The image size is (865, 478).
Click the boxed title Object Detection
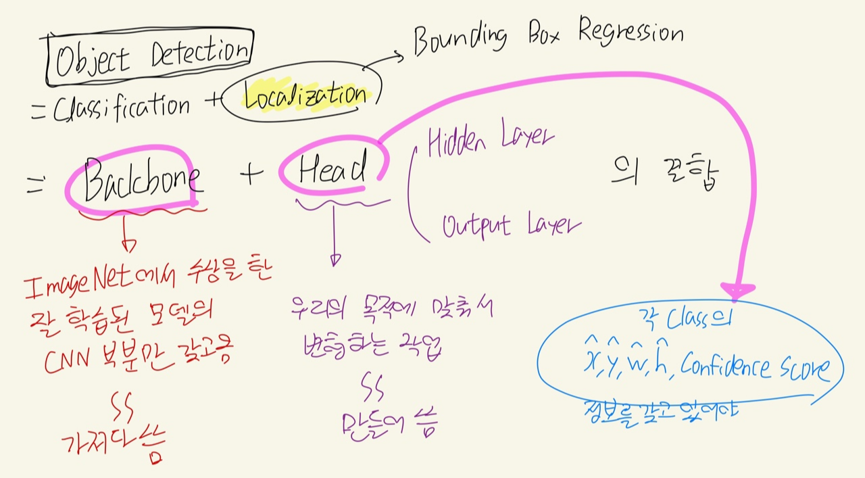[150, 58]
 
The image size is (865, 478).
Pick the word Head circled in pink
[333, 170]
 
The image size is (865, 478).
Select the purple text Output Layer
[511, 224]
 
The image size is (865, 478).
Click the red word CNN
[65, 363]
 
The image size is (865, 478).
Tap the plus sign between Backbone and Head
[249, 174]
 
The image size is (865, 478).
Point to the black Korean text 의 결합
[665, 175]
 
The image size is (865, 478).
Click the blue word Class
[686, 319]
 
